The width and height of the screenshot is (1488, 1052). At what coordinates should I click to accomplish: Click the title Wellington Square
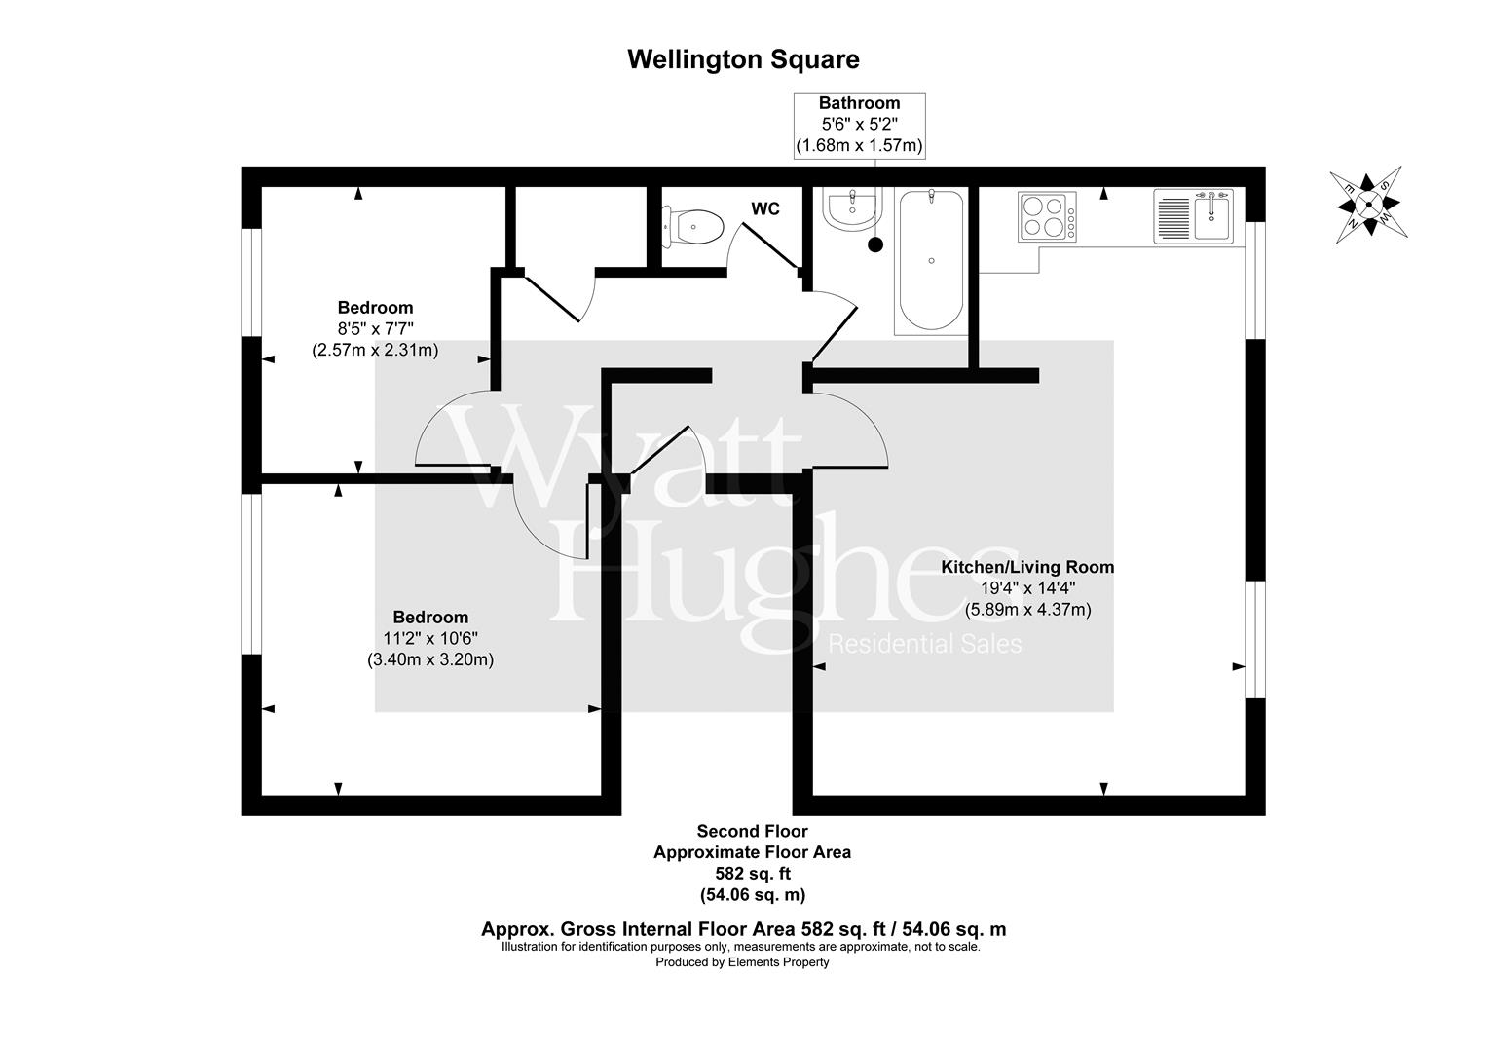743,59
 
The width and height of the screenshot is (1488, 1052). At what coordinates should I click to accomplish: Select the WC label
765,209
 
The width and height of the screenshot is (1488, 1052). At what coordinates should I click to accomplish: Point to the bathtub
932,261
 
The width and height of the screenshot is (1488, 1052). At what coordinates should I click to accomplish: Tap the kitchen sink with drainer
1193,216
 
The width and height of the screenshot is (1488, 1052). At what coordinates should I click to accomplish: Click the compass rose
1367,203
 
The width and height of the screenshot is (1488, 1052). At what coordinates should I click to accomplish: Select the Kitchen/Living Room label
1027,567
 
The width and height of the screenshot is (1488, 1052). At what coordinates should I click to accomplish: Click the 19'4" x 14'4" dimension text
1027,588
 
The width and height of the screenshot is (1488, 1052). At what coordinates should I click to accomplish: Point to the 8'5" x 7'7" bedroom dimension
375,328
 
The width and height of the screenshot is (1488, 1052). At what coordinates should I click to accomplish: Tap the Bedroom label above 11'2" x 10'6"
430,617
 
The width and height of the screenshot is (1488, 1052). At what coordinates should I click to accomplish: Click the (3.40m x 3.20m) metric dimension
430,659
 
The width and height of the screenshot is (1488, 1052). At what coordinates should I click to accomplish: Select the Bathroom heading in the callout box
859,103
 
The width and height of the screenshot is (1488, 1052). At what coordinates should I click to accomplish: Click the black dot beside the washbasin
875,245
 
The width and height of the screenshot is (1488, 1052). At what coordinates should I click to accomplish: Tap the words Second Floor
752,832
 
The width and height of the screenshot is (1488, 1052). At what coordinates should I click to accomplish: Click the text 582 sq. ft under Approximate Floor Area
752,874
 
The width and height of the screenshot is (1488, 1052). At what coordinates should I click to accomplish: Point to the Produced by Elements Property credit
742,962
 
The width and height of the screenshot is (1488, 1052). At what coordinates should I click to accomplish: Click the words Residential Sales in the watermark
924,644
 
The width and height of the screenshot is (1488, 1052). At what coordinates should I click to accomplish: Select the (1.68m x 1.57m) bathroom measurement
859,146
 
